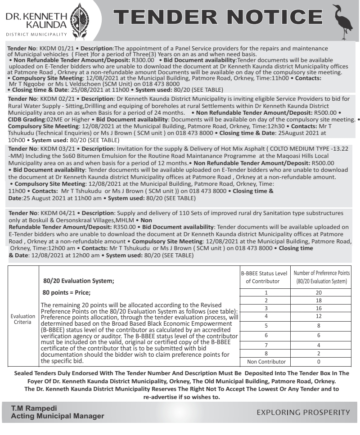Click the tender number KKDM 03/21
point(50,148)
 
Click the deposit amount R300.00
point(143,59)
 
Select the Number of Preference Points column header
point(321,278)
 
